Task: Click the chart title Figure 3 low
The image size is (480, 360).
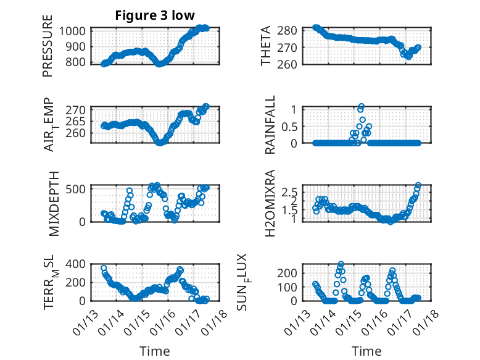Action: pyautogui.click(x=155, y=15)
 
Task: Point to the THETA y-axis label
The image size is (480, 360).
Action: pyautogui.click(x=266, y=47)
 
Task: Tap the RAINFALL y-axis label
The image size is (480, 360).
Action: pyautogui.click(x=270, y=125)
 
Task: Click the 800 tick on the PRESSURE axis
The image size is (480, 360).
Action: pyautogui.click(x=78, y=62)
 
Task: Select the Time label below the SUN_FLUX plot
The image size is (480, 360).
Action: pyautogui.click(x=366, y=351)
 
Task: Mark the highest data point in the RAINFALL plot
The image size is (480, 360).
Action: pyautogui.click(x=361, y=106)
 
